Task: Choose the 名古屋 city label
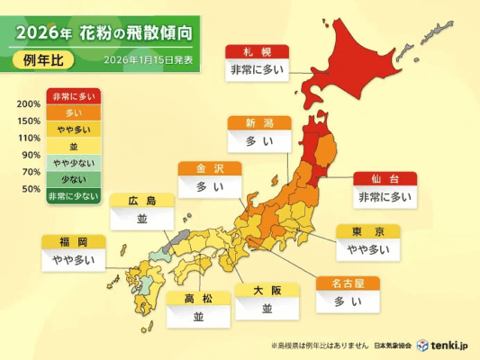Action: pyautogui.click(x=347, y=283)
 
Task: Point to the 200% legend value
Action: pyautogui.click(x=28, y=104)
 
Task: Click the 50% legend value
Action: pyautogui.click(x=30, y=189)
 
